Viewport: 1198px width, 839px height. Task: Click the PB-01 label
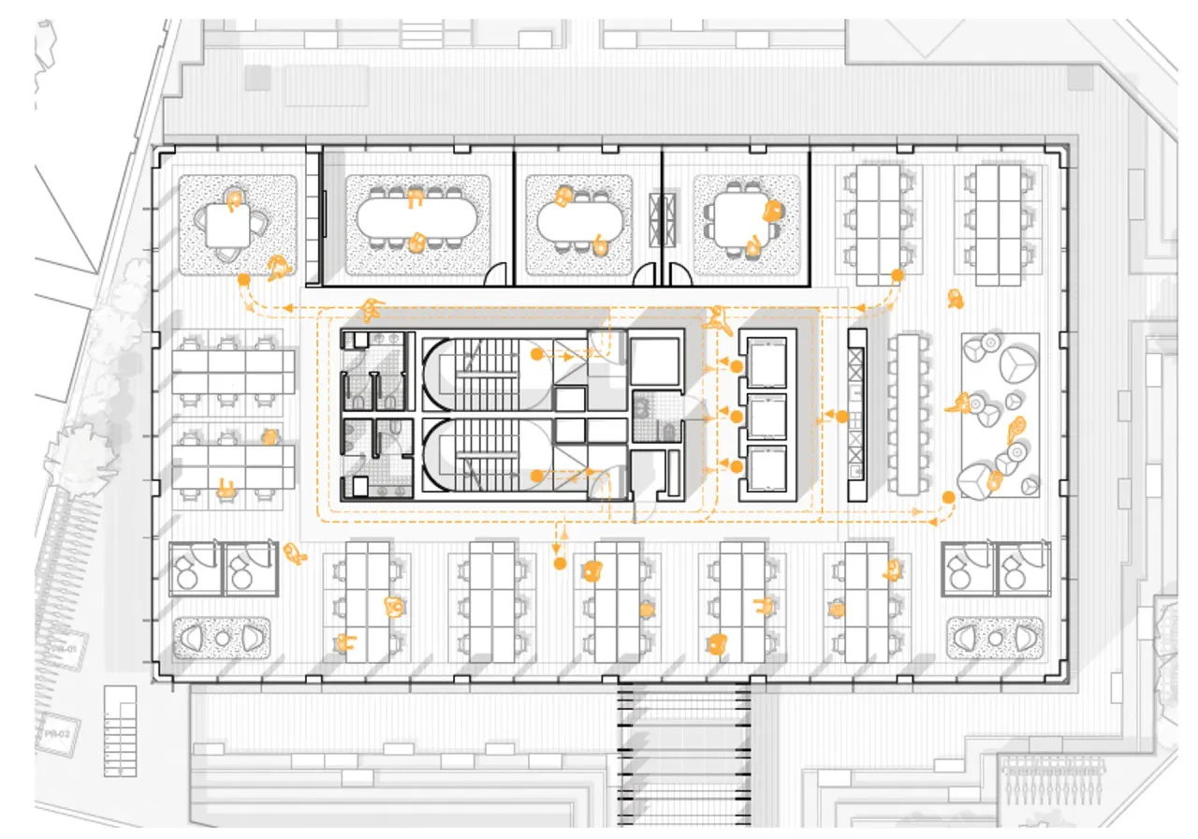[64, 647]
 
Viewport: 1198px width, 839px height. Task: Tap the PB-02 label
[57, 735]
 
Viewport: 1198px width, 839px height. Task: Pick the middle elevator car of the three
[768, 416]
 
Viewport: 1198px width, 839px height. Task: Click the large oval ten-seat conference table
[416, 221]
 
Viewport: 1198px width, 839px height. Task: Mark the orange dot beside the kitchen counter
[841, 416]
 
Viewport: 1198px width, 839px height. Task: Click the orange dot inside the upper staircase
[536, 355]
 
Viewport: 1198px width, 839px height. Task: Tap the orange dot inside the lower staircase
[536, 477]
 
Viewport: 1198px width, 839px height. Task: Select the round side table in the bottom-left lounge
[222, 639]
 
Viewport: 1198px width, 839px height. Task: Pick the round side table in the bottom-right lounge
[995, 639]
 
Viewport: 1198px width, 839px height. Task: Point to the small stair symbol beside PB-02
[119, 731]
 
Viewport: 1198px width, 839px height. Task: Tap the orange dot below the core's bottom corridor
[560, 564]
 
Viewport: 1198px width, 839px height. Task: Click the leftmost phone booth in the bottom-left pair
[195, 568]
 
